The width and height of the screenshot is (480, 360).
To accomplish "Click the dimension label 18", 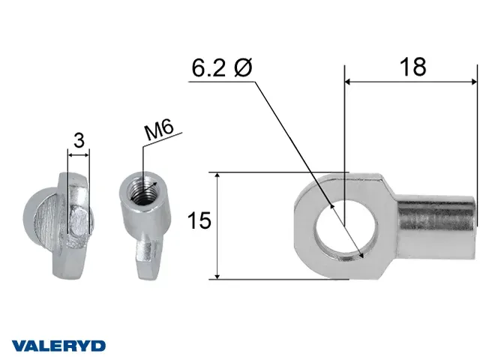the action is click(412, 67).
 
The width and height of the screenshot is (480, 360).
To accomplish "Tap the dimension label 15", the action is click(199, 220).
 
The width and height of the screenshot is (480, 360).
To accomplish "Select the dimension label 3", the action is click(79, 140).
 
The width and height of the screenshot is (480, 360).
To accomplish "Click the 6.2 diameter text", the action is click(208, 67).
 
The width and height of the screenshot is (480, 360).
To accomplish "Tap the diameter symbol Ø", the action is click(243, 67).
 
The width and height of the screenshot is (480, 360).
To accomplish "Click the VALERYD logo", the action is click(58, 346).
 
